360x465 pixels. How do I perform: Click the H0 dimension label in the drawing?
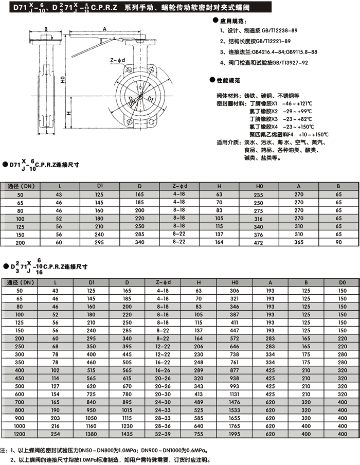[x=62, y=80]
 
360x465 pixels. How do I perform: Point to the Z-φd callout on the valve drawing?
[x=117, y=60]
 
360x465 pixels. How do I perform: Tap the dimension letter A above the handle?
[x=105, y=30]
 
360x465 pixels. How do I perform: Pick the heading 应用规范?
[x=230, y=21]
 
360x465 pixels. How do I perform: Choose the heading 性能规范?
[x=230, y=81]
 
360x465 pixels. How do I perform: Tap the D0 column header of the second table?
[x=342, y=282]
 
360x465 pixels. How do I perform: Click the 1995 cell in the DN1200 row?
[x=235, y=434]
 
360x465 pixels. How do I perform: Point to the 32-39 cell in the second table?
[x=163, y=434]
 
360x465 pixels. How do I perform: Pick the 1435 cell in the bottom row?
[x=128, y=434]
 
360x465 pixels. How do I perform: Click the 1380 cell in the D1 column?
[x=92, y=434]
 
